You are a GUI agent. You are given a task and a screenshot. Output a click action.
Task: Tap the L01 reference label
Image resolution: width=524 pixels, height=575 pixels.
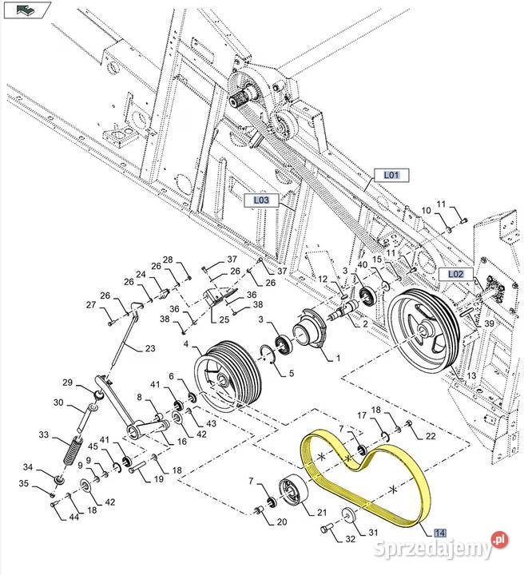[x=391, y=175]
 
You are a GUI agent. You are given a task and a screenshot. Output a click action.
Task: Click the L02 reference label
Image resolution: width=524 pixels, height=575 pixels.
[x=455, y=274]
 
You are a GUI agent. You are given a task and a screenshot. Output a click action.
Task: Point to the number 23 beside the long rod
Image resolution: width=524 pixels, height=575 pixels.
[x=151, y=348]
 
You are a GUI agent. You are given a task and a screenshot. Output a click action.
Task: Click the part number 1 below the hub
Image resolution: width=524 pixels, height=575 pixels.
[x=339, y=359]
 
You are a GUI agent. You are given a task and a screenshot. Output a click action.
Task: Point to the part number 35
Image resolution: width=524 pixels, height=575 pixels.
[x=22, y=483]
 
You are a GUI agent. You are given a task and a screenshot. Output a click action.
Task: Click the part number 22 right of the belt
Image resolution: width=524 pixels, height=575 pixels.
[x=431, y=435]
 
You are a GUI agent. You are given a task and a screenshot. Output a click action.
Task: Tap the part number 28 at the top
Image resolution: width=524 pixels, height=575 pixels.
[x=168, y=260]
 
